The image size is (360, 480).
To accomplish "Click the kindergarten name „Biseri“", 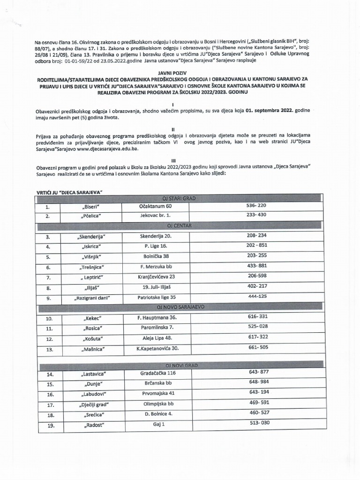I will tap(91, 206).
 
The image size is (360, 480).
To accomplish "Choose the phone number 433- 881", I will tap(256, 266).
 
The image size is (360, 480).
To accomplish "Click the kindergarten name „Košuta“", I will tap(91, 338).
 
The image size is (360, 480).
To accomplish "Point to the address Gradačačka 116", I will tap(158, 373).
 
